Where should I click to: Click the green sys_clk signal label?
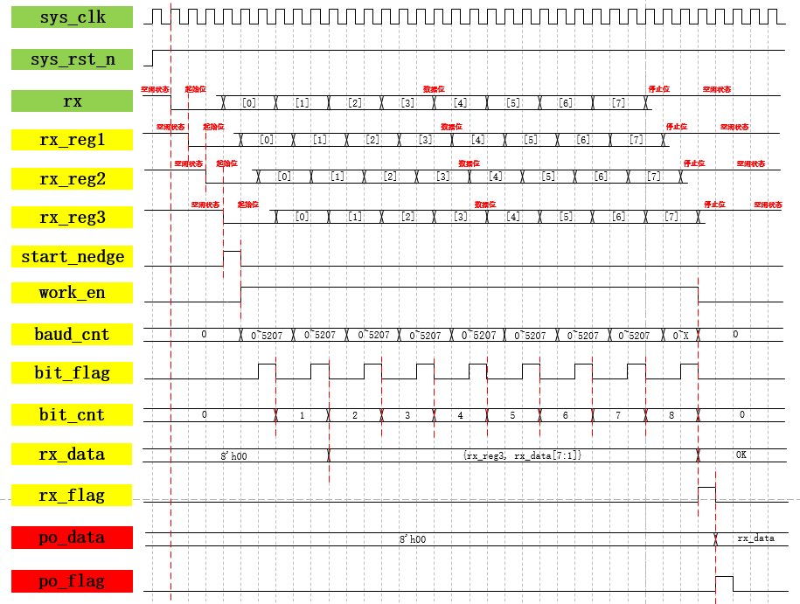click(73, 17)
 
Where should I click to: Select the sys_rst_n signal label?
click(73, 59)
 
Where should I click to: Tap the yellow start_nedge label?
click(73, 257)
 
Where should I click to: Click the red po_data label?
click(73, 538)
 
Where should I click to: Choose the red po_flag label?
click(73, 581)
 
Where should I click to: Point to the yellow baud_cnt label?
click(73, 335)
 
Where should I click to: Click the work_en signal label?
click(73, 293)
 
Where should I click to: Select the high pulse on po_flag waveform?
click(724, 584)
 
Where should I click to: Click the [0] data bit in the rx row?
click(249, 103)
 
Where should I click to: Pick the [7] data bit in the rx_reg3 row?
click(671, 217)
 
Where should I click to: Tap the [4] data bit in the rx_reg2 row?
click(496, 177)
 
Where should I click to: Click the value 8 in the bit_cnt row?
click(671, 416)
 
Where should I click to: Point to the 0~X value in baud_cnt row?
click(680, 335)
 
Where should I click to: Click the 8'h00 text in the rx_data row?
click(235, 455)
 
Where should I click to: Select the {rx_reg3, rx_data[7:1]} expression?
click(522, 455)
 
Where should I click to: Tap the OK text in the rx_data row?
click(741, 455)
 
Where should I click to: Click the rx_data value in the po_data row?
click(755, 538)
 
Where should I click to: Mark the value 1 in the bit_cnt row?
click(302, 416)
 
